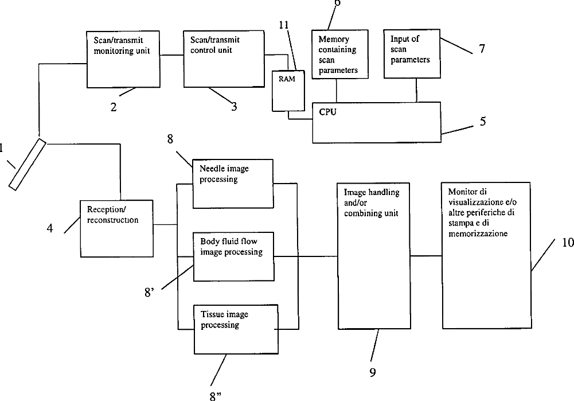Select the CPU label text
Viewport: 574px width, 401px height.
pyautogui.click(x=327, y=112)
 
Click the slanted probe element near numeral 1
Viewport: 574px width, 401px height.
pyautogui.click(x=28, y=165)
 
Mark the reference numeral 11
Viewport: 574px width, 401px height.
pyautogui.click(x=284, y=25)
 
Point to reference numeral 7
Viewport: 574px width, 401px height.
pyautogui.click(x=482, y=48)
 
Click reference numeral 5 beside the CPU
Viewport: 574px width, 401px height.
pyautogui.click(x=483, y=121)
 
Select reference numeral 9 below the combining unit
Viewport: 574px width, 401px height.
pyautogui.click(x=373, y=372)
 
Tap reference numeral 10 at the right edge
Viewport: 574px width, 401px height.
pyautogui.click(x=568, y=243)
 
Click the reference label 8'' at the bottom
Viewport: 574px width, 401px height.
pyautogui.click(x=216, y=396)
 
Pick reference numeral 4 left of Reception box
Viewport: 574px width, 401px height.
pyautogui.click(x=50, y=228)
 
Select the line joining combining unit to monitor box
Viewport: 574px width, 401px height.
pyautogui.click(x=425, y=256)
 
